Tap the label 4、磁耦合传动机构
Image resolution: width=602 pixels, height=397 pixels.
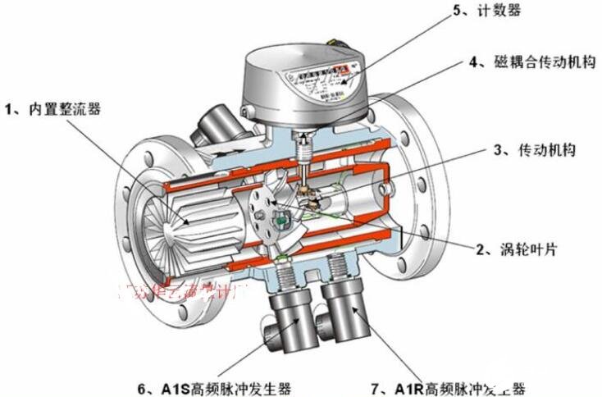[523, 62]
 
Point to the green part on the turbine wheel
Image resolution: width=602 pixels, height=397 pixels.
[280, 220]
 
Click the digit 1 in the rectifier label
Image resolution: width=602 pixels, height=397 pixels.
[10, 107]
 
